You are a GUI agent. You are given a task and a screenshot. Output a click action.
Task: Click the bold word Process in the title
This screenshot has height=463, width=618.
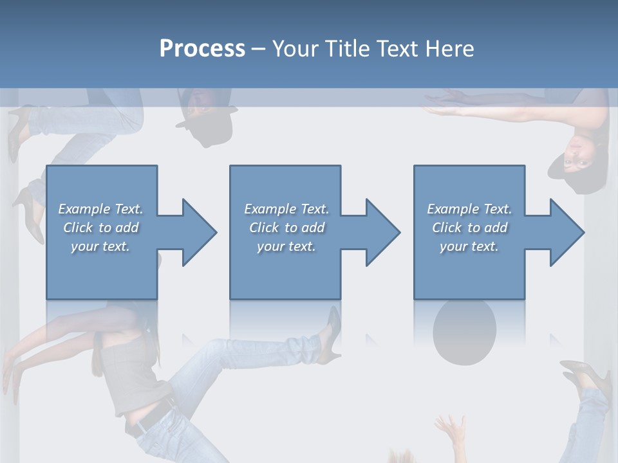click(x=202, y=49)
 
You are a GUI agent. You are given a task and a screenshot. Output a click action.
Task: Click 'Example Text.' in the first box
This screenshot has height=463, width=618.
click(x=100, y=209)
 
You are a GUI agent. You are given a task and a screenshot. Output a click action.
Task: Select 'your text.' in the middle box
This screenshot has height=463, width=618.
click(x=286, y=246)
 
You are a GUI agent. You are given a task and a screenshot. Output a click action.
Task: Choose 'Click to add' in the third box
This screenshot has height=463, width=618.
click(x=469, y=228)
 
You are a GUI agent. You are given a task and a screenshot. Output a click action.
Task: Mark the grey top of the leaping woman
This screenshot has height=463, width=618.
click(x=132, y=373)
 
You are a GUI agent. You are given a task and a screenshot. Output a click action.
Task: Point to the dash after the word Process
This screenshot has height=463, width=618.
click(x=259, y=49)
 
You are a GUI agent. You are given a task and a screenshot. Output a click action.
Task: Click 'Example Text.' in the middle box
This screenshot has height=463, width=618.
click(x=286, y=209)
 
